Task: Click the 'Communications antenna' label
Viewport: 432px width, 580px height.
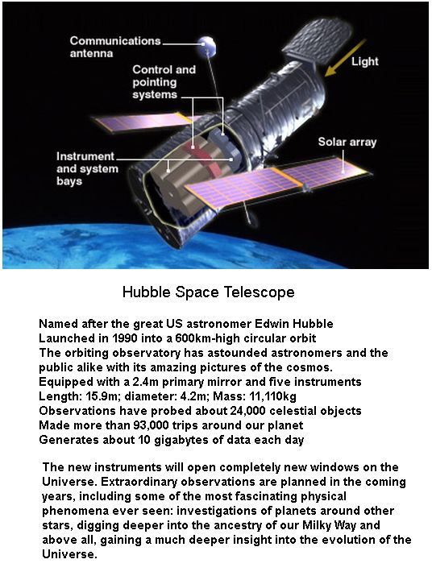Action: [115, 47]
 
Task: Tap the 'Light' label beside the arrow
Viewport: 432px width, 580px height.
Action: [364, 61]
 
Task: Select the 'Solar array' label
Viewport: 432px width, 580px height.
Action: [347, 142]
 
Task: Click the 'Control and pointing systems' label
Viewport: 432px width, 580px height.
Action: [164, 82]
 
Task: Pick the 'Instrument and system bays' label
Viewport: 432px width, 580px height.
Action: [87, 168]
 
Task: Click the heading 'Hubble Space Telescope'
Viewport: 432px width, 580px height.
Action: [209, 292]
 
